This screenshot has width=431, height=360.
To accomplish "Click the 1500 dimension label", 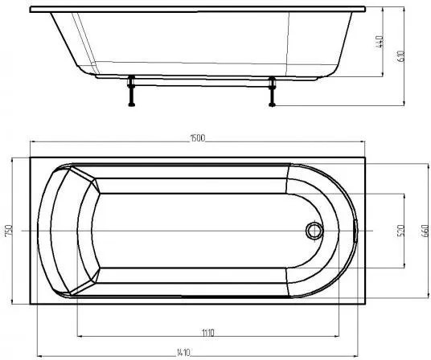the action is pyautogui.click(x=198, y=138).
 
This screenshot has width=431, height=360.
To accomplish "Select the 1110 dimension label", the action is pyautogui.click(x=208, y=333).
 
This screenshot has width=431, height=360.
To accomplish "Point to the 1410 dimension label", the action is pyautogui.click(x=183, y=352).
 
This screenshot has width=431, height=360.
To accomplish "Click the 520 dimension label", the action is pyautogui.click(x=400, y=231).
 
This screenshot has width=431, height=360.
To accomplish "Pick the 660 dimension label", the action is pyautogui.click(x=425, y=231).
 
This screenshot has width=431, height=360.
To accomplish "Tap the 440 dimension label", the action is pyautogui.click(x=380, y=42).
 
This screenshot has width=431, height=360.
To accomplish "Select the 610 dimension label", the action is pyautogui.click(x=401, y=56).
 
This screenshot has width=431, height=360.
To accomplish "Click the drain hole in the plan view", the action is pyautogui.click(x=314, y=231).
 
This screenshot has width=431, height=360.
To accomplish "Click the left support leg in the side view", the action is pyautogui.click(x=131, y=91).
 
